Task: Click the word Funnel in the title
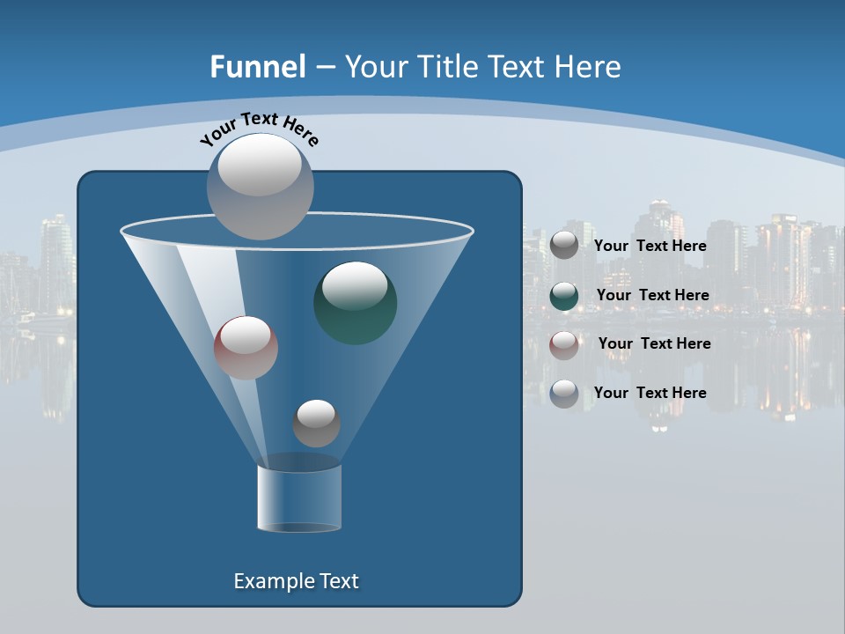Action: [x=258, y=67]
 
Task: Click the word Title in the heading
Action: [x=446, y=67]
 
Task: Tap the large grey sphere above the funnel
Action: [x=260, y=186]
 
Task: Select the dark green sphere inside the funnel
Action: [x=355, y=303]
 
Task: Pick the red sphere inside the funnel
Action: [x=246, y=348]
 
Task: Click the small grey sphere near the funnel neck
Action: [x=316, y=423]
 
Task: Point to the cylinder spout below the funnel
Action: [x=299, y=498]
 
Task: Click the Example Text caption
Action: [x=296, y=581]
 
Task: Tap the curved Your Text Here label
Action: [x=260, y=129]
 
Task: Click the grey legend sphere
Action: [x=564, y=246]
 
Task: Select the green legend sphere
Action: [x=564, y=296]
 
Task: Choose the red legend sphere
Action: [x=564, y=344]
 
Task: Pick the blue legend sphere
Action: [x=564, y=394]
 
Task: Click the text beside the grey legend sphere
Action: [x=650, y=246]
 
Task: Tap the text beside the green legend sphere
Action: [x=652, y=295]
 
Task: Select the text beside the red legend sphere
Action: [x=654, y=343]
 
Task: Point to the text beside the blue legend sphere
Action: [x=650, y=393]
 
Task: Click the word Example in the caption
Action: [x=270, y=581]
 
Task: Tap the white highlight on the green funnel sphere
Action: [x=355, y=285]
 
